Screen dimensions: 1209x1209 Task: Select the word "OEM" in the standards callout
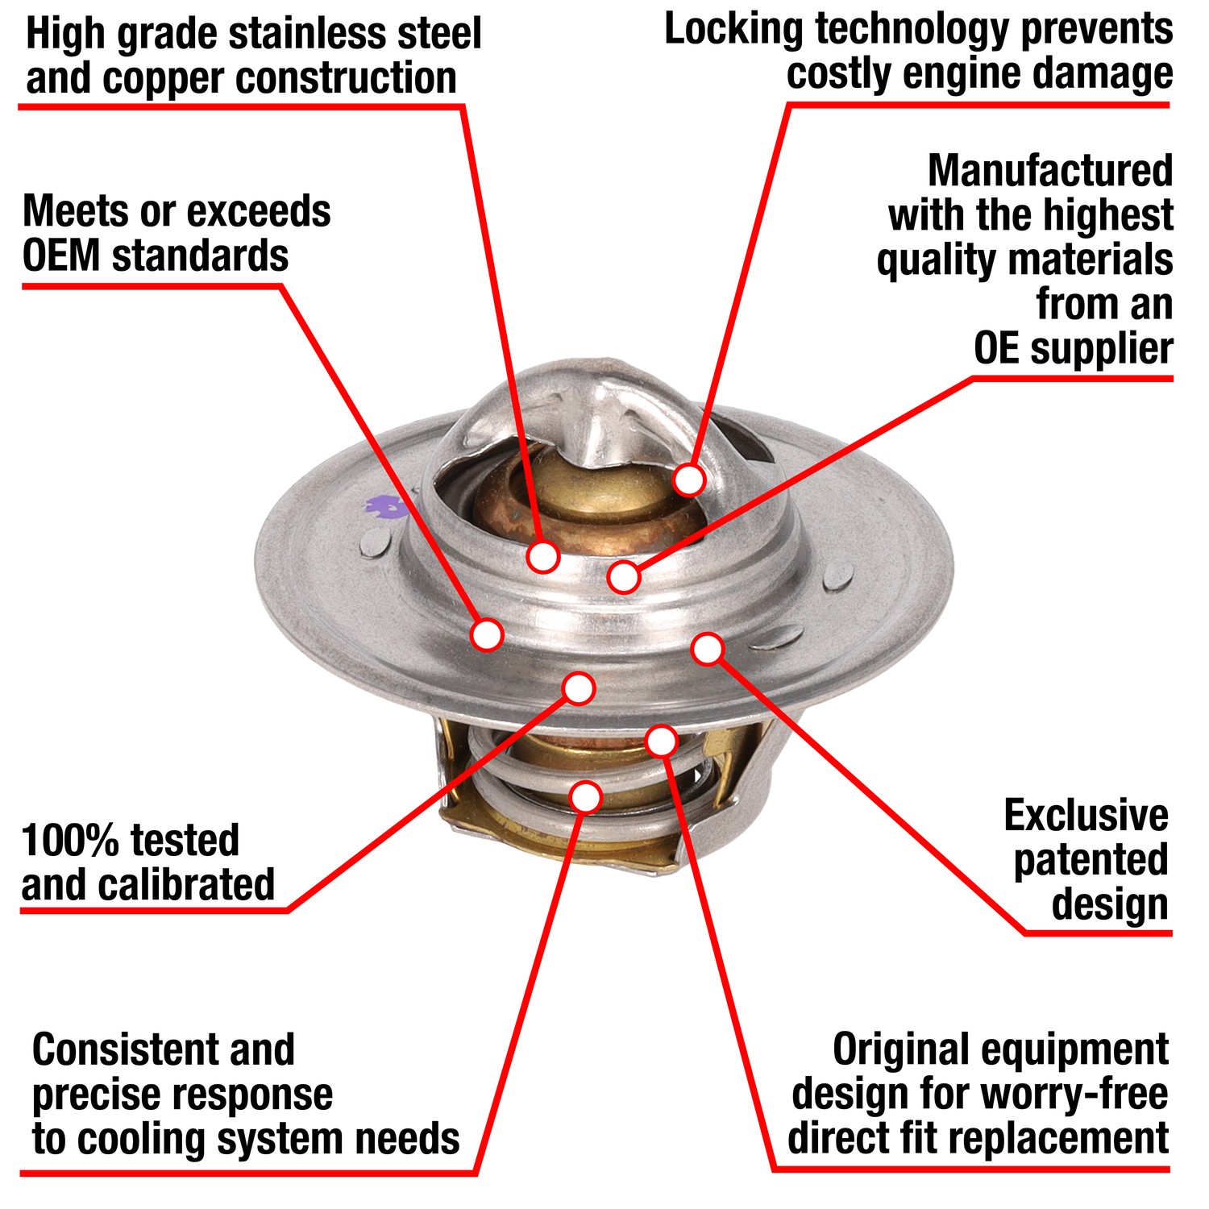pos(61,256)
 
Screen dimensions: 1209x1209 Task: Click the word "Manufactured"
pos(1049,171)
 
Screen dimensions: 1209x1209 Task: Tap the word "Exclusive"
pos(1086,816)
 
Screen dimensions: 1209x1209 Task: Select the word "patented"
pos(1091,860)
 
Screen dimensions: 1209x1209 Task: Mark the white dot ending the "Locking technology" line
pos(689,480)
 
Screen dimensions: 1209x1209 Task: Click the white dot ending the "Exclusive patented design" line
pos(707,649)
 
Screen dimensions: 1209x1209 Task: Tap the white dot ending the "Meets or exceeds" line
pos(487,634)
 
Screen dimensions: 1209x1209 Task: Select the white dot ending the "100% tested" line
pos(579,688)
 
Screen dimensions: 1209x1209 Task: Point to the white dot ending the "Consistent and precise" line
pos(586,796)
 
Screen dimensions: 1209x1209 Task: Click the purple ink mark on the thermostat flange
pos(384,508)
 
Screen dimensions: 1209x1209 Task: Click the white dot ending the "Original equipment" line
pos(662,740)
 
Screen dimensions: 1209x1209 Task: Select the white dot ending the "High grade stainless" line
pos(543,556)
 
